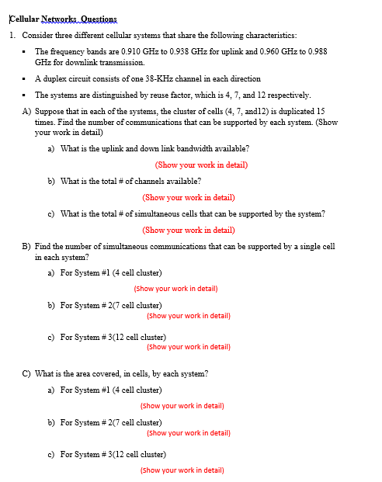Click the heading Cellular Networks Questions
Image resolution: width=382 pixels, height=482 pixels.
point(61,19)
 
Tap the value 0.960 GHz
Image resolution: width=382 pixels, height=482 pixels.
point(286,50)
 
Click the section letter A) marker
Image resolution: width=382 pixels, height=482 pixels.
point(27,111)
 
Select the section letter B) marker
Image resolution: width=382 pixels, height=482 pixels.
point(27,246)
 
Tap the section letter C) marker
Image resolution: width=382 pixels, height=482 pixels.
point(27,373)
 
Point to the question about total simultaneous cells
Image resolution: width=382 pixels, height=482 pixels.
point(193,213)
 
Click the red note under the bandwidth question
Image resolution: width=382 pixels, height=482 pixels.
point(201,165)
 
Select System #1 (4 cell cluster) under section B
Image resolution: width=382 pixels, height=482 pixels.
point(110,272)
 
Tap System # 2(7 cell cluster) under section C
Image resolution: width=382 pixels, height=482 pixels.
point(110,421)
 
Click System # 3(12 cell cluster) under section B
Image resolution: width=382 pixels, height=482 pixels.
point(113,337)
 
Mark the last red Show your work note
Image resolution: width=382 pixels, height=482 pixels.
point(182,470)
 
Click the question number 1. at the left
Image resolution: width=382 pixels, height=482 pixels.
point(13,36)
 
